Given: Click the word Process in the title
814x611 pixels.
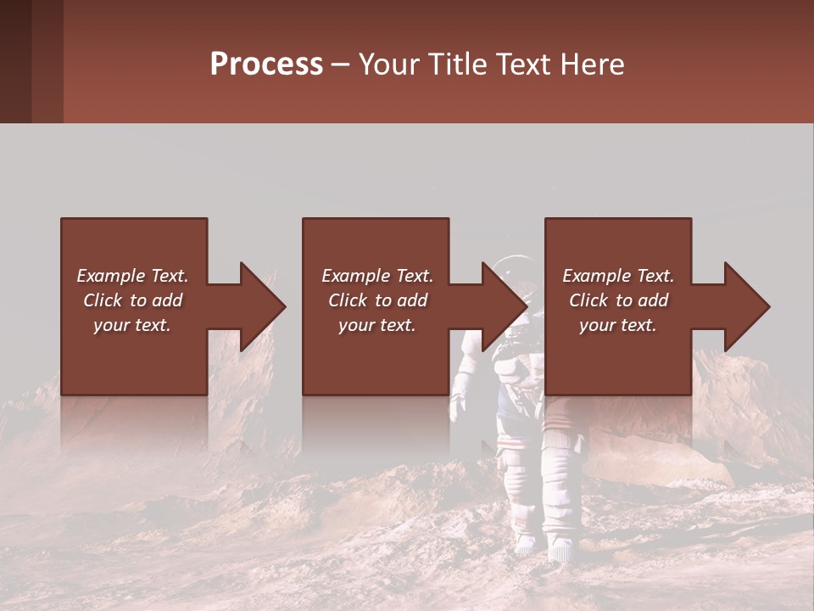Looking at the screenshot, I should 266,64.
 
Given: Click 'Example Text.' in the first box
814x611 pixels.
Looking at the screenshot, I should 133,276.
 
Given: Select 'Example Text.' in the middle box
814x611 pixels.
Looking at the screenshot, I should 376,276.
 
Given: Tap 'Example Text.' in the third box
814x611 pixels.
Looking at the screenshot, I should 618,276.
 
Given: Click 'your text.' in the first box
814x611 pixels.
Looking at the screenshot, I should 133,325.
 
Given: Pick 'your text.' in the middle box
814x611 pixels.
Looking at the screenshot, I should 376,325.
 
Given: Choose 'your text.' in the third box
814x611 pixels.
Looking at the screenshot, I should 618,325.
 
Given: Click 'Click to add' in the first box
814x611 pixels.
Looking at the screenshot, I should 133,300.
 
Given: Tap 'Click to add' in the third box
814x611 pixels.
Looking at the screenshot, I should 618,300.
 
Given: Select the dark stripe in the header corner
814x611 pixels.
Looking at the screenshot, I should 15,61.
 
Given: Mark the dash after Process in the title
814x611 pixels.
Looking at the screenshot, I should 341,64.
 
